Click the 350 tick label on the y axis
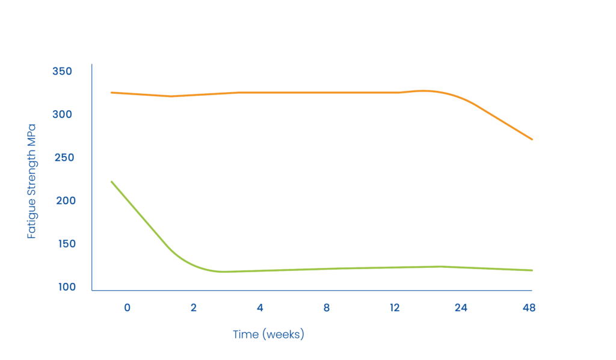[x=63, y=72]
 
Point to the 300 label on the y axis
[x=63, y=114]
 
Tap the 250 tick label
[x=63, y=158]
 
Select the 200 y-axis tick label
[x=63, y=200]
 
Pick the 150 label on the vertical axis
[x=63, y=244]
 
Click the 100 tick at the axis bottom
[x=63, y=287]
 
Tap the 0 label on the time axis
[x=127, y=308]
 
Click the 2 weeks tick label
[x=194, y=308]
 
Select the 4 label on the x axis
[x=260, y=308]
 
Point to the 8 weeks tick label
[x=326, y=308]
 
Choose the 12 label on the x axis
[x=395, y=308]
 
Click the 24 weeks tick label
[x=461, y=308]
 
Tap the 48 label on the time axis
[x=529, y=308]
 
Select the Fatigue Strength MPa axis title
[x=32, y=181]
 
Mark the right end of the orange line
[x=532, y=139]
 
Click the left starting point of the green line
[x=112, y=181]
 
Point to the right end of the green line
[x=532, y=270]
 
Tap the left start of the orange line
[x=111, y=92]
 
